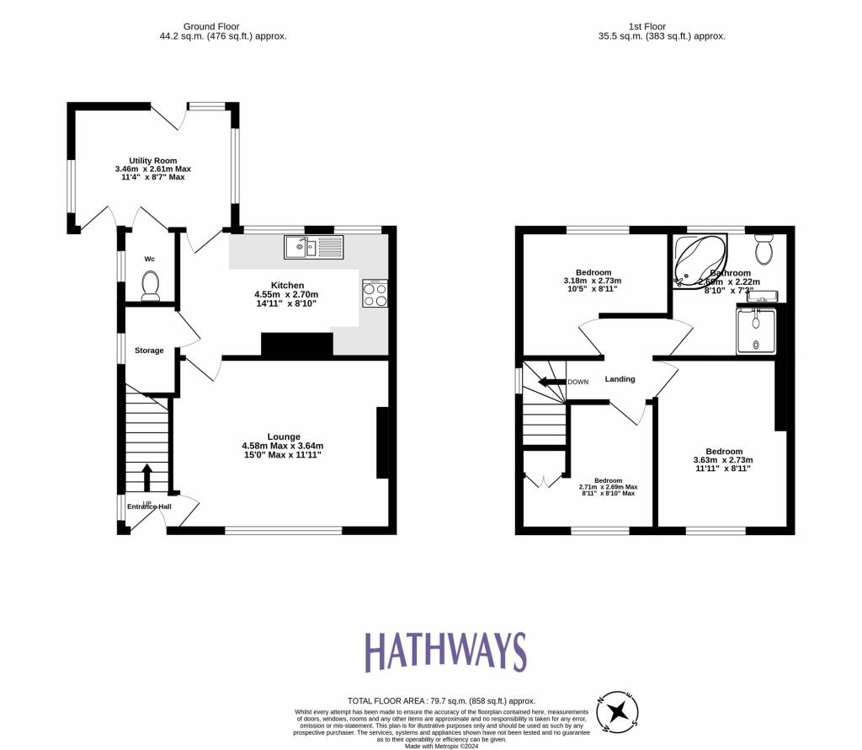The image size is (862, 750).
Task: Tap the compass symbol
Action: pyautogui.click(x=618, y=713)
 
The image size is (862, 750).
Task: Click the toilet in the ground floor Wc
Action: pyautogui.click(x=152, y=285)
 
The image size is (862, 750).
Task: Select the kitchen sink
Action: pyautogui.click(x=314, y=246)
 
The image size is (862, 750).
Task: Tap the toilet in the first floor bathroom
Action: pyautogui.click(x=764, y=249)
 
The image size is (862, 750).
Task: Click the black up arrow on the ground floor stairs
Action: pyautogui.click(x=146, y=477)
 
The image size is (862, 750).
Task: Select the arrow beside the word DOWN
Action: pyautogui.click(x=551, y=382)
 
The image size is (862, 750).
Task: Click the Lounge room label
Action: pyautogui.click(x=284, y=437)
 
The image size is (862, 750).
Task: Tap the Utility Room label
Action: pyautogui.click(x=153, y=160)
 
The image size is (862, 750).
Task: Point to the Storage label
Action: pyautogui.click(x=149, y=351)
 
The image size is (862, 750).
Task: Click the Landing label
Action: pyautogui.click(x=620, y=379)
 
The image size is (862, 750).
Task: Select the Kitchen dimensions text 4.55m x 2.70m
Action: pyautogui.click(x=287, y=294)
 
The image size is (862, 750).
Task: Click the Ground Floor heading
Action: pyautogui.click(x=223, y=27)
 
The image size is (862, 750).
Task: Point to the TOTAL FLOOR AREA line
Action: pyautogui.click(x=441, y=700)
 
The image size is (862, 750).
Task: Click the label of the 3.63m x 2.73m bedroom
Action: pyautogui.click(x=723, y=452)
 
